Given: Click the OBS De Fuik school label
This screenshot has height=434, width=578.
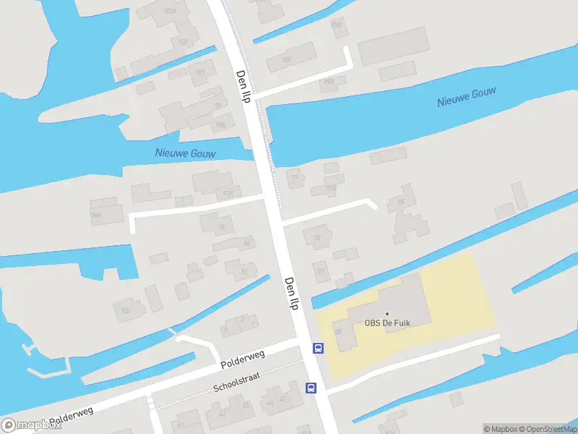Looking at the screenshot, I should (387, 323).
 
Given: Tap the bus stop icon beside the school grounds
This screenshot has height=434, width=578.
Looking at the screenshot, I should (318, 348).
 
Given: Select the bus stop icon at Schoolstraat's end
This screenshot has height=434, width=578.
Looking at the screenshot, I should (311, 388).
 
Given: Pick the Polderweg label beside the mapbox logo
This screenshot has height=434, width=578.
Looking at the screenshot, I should (73, 413).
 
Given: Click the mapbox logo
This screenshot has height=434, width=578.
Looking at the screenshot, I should (30, 425).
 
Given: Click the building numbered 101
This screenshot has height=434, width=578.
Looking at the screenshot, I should (200, 72).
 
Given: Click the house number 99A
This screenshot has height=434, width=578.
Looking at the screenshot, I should (329, 82).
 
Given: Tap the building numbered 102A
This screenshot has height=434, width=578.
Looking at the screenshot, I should (171, 10).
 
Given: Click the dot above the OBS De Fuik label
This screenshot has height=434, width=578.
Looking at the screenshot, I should (387, 313).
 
